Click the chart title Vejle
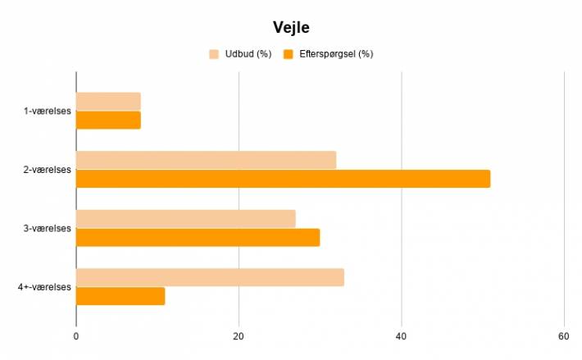click(x=291, y=27)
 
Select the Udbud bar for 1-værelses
click(x=108, y=102)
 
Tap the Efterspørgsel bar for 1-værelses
click(x=108, y=121)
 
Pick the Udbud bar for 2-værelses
click(x=207, y=160)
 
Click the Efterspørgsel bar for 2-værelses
click(x=283, y=179)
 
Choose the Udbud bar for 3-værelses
click(x=186, y=219)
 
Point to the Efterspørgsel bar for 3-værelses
click(x=198, y=238)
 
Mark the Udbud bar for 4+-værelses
click(x=210, y=277)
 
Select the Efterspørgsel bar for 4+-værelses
click(x=120, y=296)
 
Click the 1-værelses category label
click(x=48, y=111)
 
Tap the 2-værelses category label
click(x=48, y=170)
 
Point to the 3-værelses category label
click(x=48, y=228)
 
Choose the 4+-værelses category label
click(x=44, y=287)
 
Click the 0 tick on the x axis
click(x=76, y=336)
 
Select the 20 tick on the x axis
click(x=239, y=336)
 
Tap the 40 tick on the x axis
click(x=401, y=336)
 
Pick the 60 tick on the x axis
click(x=563, y=336)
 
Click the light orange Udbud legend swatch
click(x=214, y=54)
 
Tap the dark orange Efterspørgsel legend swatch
click(x=289, y=54)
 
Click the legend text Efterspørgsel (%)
click(x=336, y=54)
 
